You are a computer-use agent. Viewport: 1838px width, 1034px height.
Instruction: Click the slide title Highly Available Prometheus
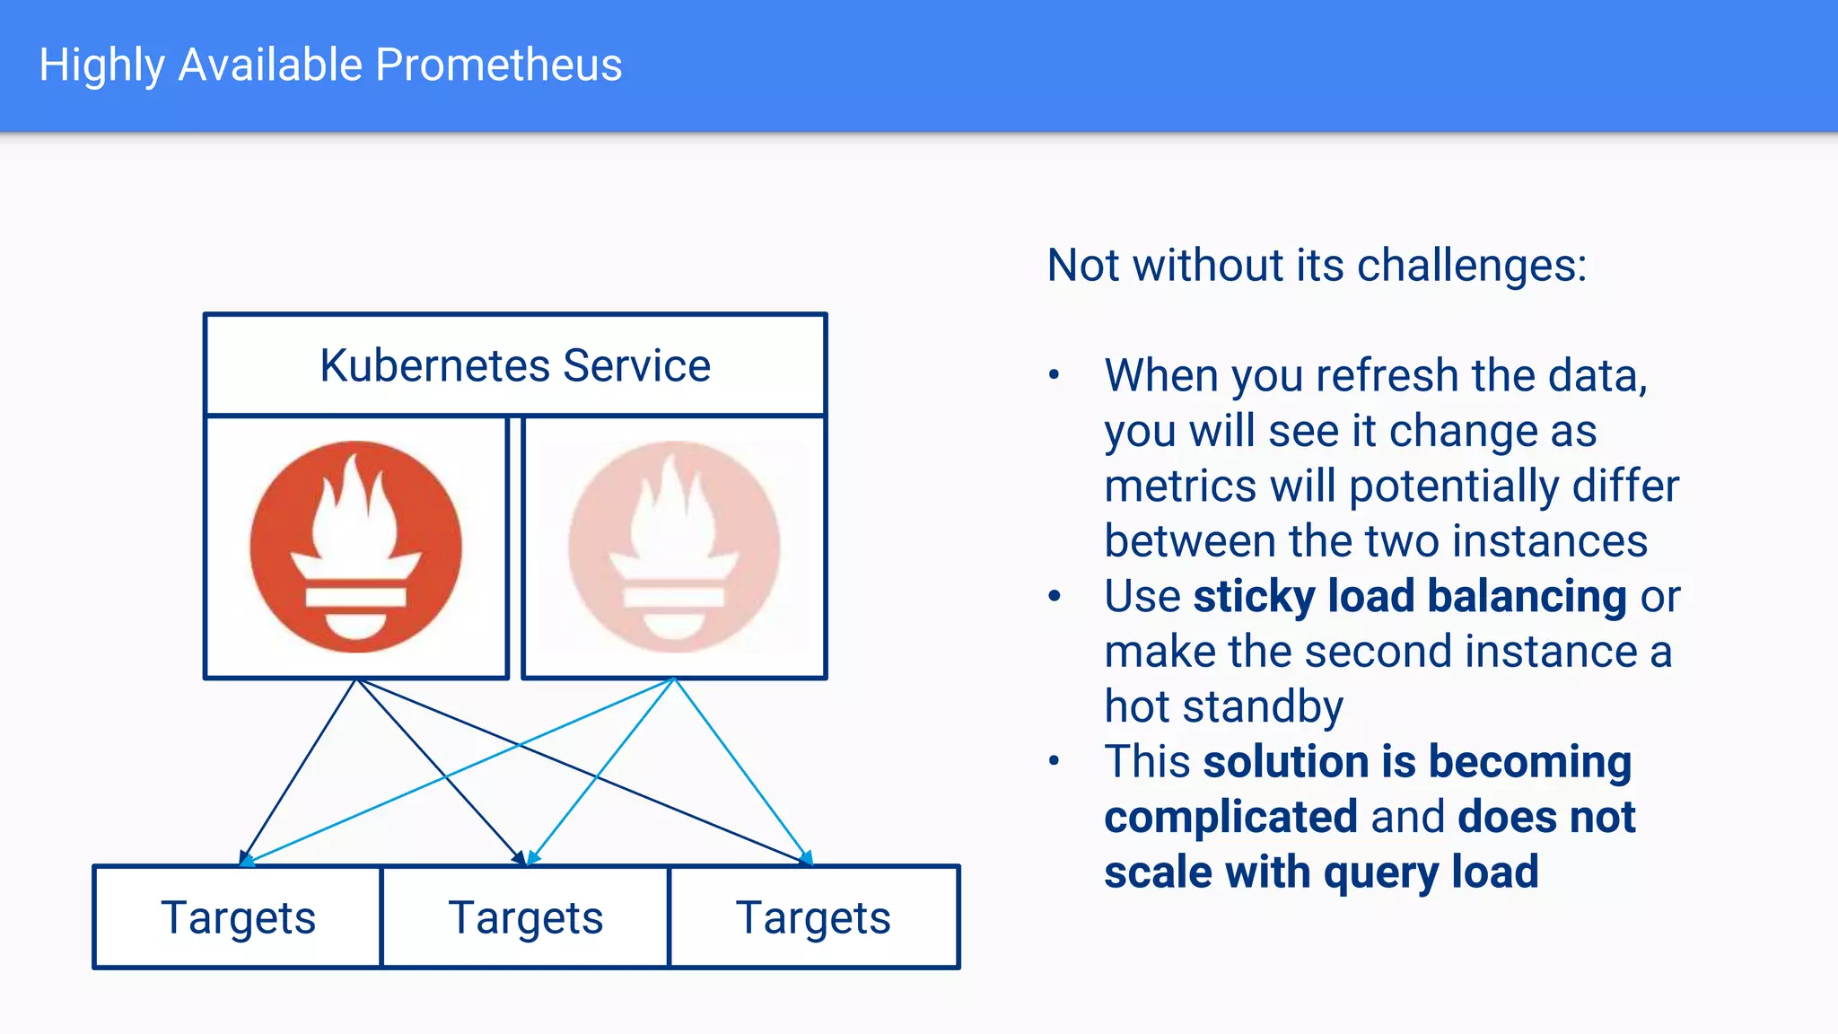(x=330, y=66)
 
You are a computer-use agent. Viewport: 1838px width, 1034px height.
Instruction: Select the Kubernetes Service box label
(x=515, y=366)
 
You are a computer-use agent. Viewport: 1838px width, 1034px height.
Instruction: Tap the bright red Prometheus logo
(x=356, y=548)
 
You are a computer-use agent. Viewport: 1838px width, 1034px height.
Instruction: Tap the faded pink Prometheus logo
(x=674, y=548)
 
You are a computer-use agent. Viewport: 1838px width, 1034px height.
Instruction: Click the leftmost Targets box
(x=238, y=918)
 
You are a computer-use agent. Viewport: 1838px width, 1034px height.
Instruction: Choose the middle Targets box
(x=526, y=918)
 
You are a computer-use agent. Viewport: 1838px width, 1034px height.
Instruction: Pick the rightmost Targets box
(x=813, y=918)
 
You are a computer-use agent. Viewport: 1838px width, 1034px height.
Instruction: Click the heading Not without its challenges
(x=1317, y=266)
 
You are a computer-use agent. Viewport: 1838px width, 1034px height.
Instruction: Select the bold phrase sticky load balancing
(x=1409, y=597)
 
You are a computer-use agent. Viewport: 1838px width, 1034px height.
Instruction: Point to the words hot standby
(x=1223, y=707)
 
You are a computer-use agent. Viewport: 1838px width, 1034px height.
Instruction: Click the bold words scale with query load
(x=1321, y=872)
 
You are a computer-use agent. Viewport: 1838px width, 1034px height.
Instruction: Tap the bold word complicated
(x=1230, y=818)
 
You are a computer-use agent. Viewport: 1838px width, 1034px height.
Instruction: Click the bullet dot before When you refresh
(x=1055, y=375)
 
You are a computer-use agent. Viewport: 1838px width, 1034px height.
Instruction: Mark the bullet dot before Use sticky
(x=1055, y=596)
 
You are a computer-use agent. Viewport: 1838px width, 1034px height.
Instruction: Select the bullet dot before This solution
(x=1055, y=762)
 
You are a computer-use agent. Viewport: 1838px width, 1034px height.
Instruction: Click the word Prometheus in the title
(x=498, y=66)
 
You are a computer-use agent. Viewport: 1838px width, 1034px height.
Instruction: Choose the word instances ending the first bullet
(x=1550, y=541)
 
